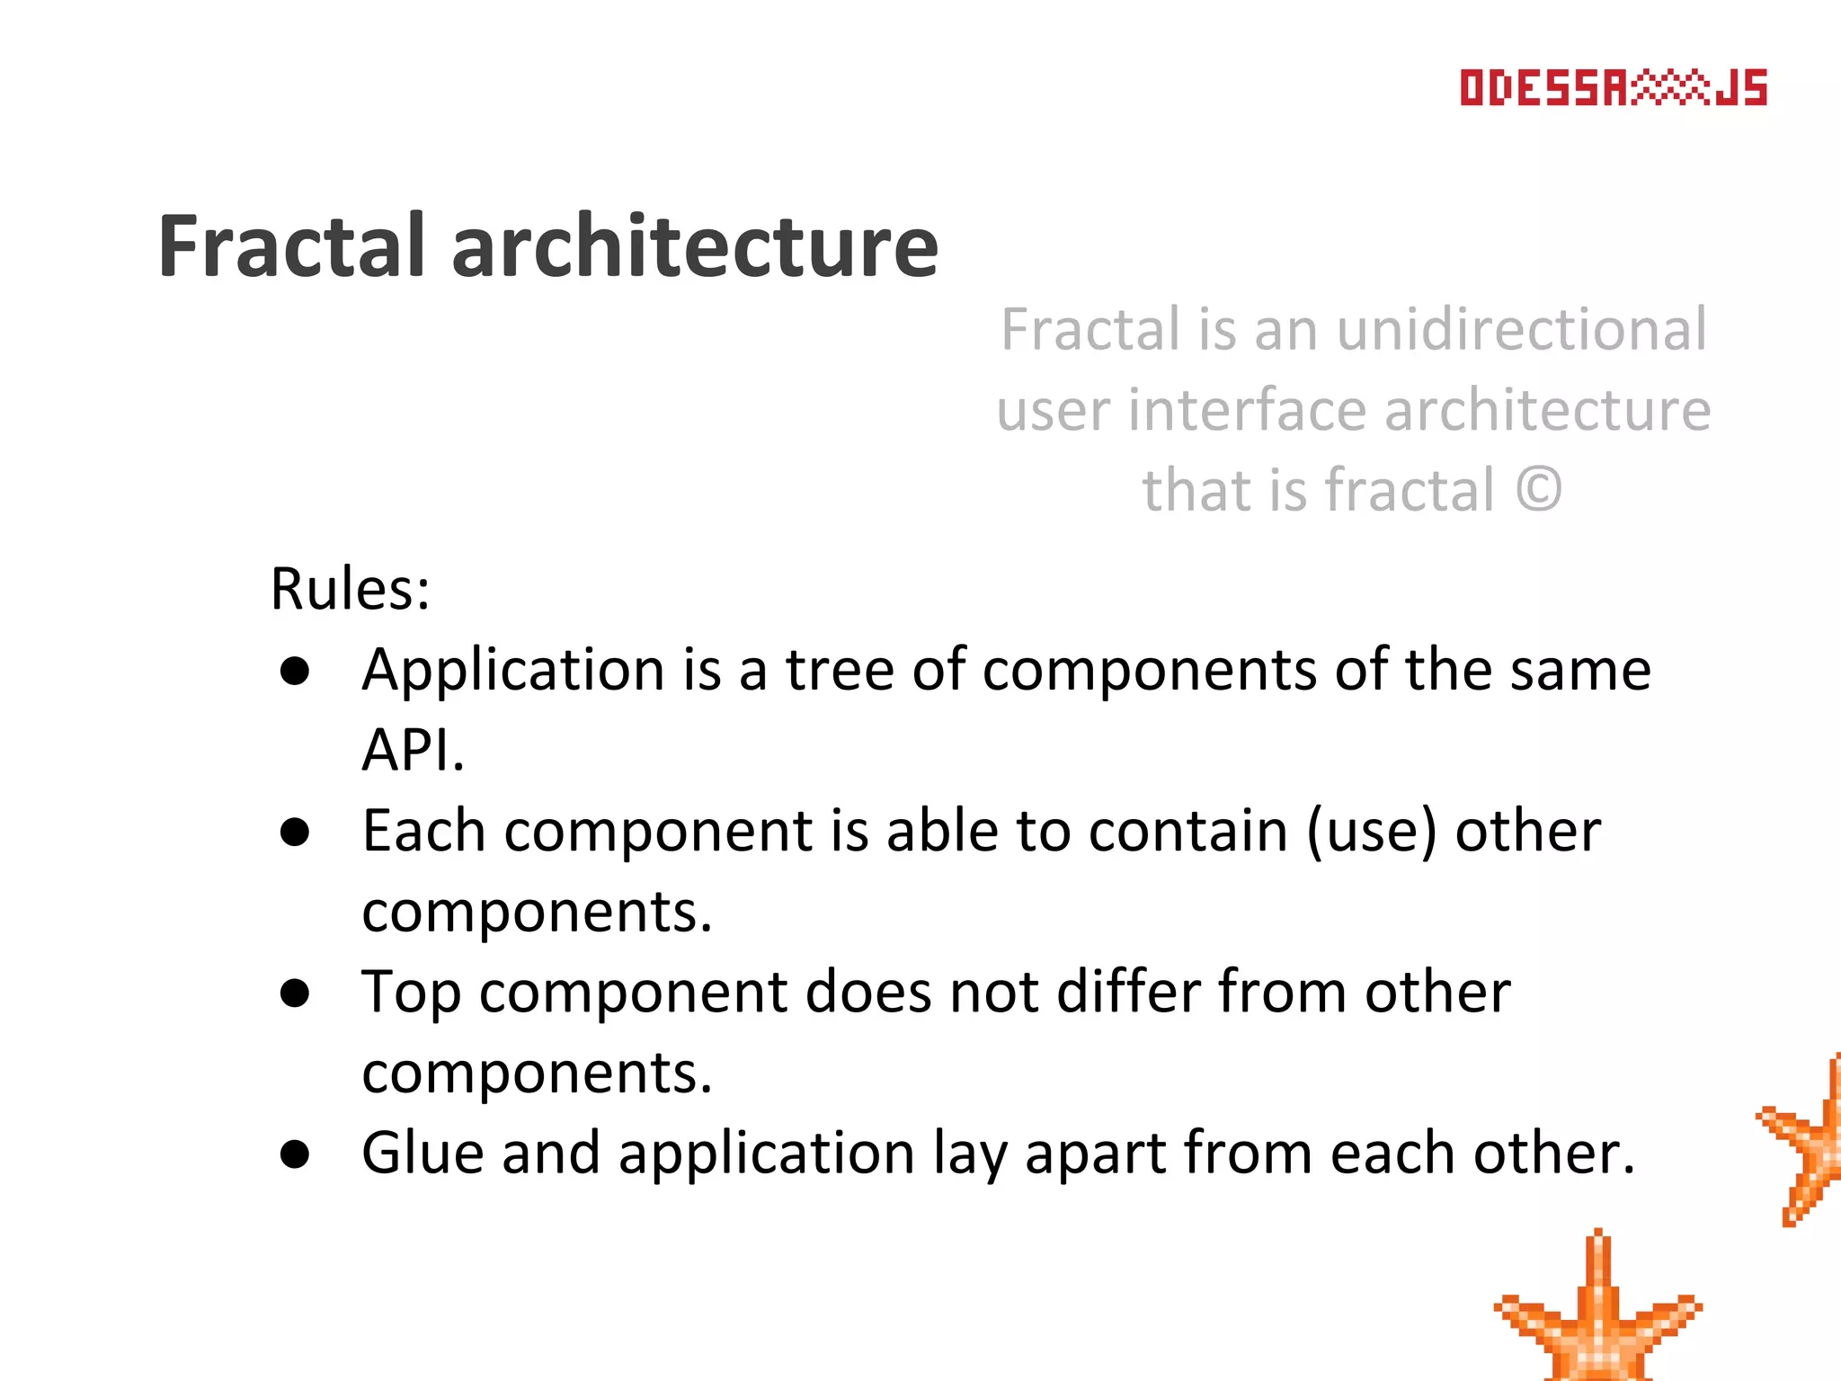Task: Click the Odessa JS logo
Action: [1613, 88]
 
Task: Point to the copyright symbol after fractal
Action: [1539, 490]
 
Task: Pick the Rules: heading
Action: [351, 590]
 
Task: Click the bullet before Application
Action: [295, 672]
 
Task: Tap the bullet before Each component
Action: [295, 833]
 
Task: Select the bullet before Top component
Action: [295, 993]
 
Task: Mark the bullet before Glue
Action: [295, 1154]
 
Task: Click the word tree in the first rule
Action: [840, 671]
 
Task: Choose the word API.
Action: [413, 750]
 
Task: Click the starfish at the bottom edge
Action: [1597, 1317]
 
